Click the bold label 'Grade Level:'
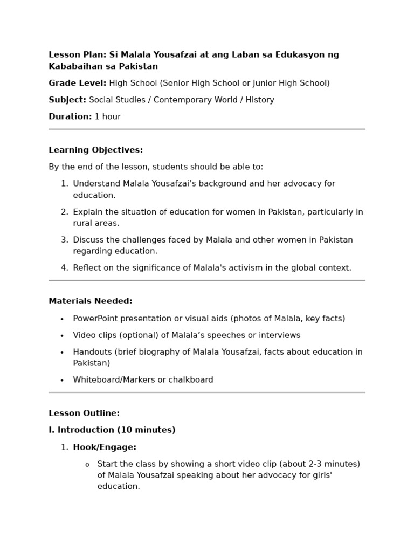coord(78,83)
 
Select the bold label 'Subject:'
coord(67,100)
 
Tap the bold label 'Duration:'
coord(70,116)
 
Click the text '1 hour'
coord(108,116)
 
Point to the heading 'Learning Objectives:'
coord(96,150)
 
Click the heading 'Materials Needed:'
coord(91,301)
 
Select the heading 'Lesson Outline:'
coord(84,413)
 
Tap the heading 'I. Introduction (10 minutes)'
coord(112,430)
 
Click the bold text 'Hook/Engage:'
coord(105,447)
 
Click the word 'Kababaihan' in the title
coord(73,66)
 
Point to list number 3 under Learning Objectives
coord(64,240)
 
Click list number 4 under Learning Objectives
coord(64,268)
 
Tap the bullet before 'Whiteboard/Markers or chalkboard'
coord(62,381)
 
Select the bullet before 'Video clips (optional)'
coord(62,336)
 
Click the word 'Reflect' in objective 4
coord(87,268)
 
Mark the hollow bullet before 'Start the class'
coord(87,465)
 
